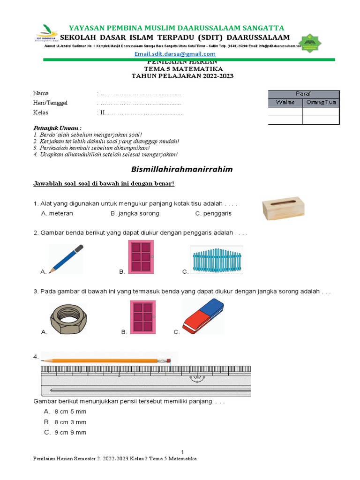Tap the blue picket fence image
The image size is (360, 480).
pos(217,260)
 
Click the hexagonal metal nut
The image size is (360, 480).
pos(68,318)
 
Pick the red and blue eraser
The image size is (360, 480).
pos(202,317)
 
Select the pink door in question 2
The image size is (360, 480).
pos(141,257)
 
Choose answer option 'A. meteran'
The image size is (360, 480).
pos(57,213)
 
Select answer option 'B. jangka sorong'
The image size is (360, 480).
pos(135,213)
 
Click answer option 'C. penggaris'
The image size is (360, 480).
pos(213,213)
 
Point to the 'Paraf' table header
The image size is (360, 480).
pos(303,94)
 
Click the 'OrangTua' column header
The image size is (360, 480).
pos(321,103)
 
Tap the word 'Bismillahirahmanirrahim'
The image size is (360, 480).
pos(180,169)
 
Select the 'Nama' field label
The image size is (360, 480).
pos(41,93)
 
